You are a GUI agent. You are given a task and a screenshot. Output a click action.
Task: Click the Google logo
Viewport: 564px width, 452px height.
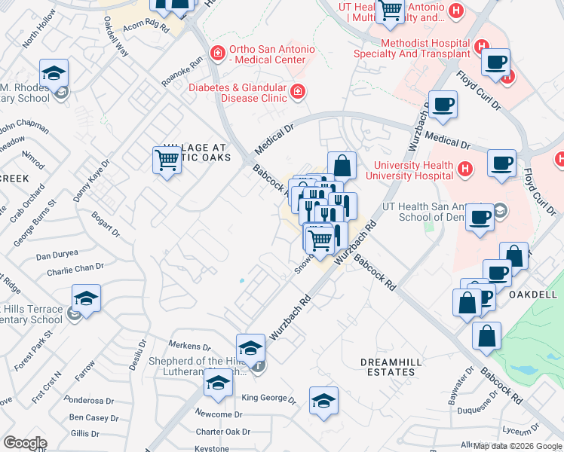pos(24,443)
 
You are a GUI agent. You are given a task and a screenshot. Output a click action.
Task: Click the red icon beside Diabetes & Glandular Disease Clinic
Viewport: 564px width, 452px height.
pos(298,92)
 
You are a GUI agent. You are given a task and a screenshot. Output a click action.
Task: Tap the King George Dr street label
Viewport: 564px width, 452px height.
pos(263,398)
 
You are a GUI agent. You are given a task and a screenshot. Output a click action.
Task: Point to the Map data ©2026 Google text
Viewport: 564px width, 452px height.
pos(516,446)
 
